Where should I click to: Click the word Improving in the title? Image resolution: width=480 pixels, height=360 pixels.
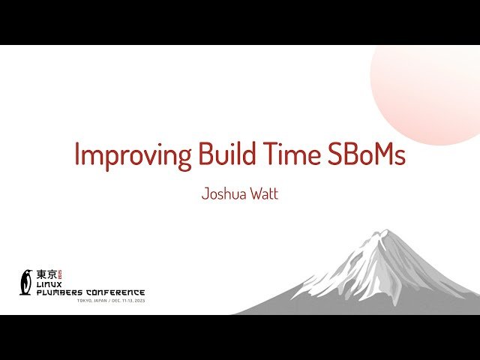tap(132, 154)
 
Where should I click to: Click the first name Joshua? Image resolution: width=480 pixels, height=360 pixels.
tap(223, 194)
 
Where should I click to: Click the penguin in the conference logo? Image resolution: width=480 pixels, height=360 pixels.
tap(26, 281)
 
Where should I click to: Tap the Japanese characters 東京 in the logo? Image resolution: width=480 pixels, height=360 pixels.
tap(46, 274)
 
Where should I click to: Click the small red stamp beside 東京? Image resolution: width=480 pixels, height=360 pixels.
tap(61, 274)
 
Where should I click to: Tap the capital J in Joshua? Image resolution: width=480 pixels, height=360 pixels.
tap(205, 194)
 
